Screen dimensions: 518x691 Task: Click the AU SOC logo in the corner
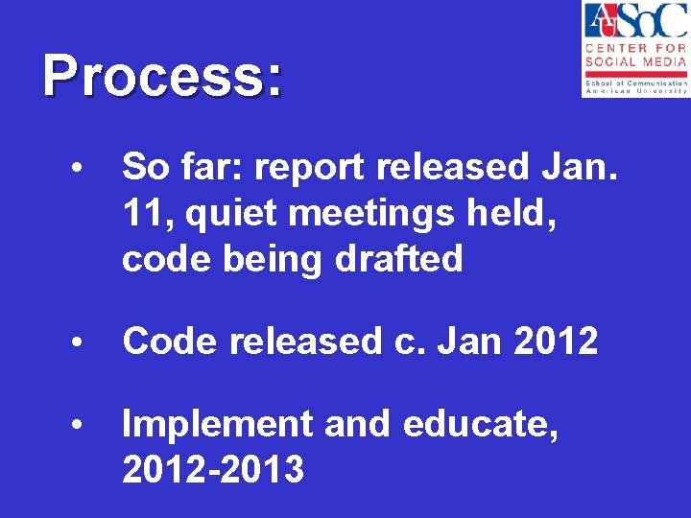[634, 48]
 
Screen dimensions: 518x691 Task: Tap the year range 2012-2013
[213, 470]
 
